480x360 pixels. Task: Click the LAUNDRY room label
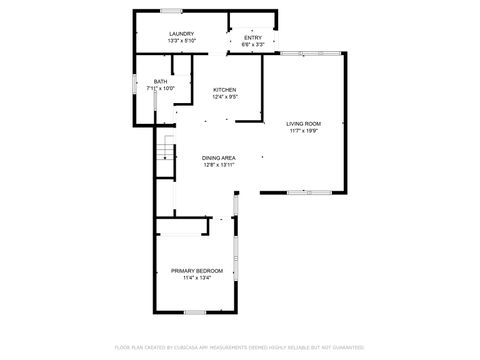181,35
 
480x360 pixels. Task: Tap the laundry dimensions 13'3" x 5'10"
181,41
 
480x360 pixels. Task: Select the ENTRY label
253,38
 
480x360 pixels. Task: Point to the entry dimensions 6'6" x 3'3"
253,44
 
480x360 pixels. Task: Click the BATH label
160,81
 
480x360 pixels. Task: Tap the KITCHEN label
225,90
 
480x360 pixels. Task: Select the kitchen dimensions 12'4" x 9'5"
225,97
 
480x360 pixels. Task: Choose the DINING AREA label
218,158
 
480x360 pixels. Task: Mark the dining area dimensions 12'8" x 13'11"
218,165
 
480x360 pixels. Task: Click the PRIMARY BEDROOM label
196,271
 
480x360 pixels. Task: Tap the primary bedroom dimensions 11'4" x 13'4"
196,278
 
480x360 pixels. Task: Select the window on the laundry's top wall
171,11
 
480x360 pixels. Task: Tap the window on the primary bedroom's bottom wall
196,312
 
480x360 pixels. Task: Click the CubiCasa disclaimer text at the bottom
240,347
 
